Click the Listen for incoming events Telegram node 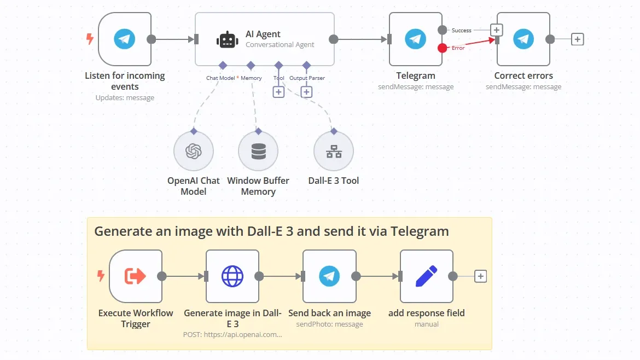[x=125, y=39]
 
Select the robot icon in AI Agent [x=226, y=39]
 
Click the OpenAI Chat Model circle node [x=194, y=152]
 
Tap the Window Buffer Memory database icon [x=258, y=152]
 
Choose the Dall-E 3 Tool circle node [x=334, y=152]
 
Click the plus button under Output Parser [x=306, y=92]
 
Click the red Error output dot [x=442, y=48]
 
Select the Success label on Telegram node [x=461, y=31]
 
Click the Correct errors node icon [x=523, y=39]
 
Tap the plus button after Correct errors [x=578, y=39]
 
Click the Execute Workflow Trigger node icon [x=135, y=276]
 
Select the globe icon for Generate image [x=232, y=276]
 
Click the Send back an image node [x=329, y=276]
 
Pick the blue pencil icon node [x=426, y=276]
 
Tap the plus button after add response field [x=480, y=276]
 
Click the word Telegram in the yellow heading [x=420, y=231]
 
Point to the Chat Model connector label [x=220, y=78]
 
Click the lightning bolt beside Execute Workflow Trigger [x=100, y=276]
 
